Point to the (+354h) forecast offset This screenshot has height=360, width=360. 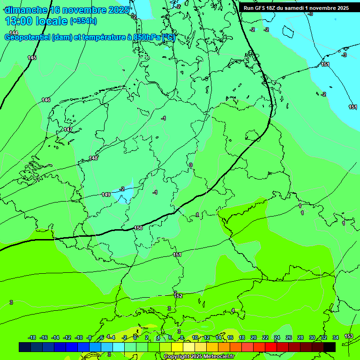83,21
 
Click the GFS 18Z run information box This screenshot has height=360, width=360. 296,8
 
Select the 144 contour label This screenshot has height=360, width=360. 14,33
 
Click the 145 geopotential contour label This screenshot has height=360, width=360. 32,58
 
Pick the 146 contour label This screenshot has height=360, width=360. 46,100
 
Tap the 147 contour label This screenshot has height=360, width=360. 68,129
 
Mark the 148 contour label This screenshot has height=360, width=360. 94,158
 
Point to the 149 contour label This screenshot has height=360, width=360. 106,195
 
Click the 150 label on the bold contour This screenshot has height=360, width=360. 138,228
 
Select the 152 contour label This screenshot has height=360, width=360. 178,296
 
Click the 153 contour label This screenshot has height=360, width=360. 349,336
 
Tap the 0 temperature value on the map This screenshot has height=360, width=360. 190,165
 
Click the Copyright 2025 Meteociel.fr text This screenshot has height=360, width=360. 199,356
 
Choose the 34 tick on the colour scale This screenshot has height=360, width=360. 336,337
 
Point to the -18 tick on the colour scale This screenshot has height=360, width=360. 32,337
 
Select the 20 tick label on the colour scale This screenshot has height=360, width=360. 253,337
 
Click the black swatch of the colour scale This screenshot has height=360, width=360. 330,347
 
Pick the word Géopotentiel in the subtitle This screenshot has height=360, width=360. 26,37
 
